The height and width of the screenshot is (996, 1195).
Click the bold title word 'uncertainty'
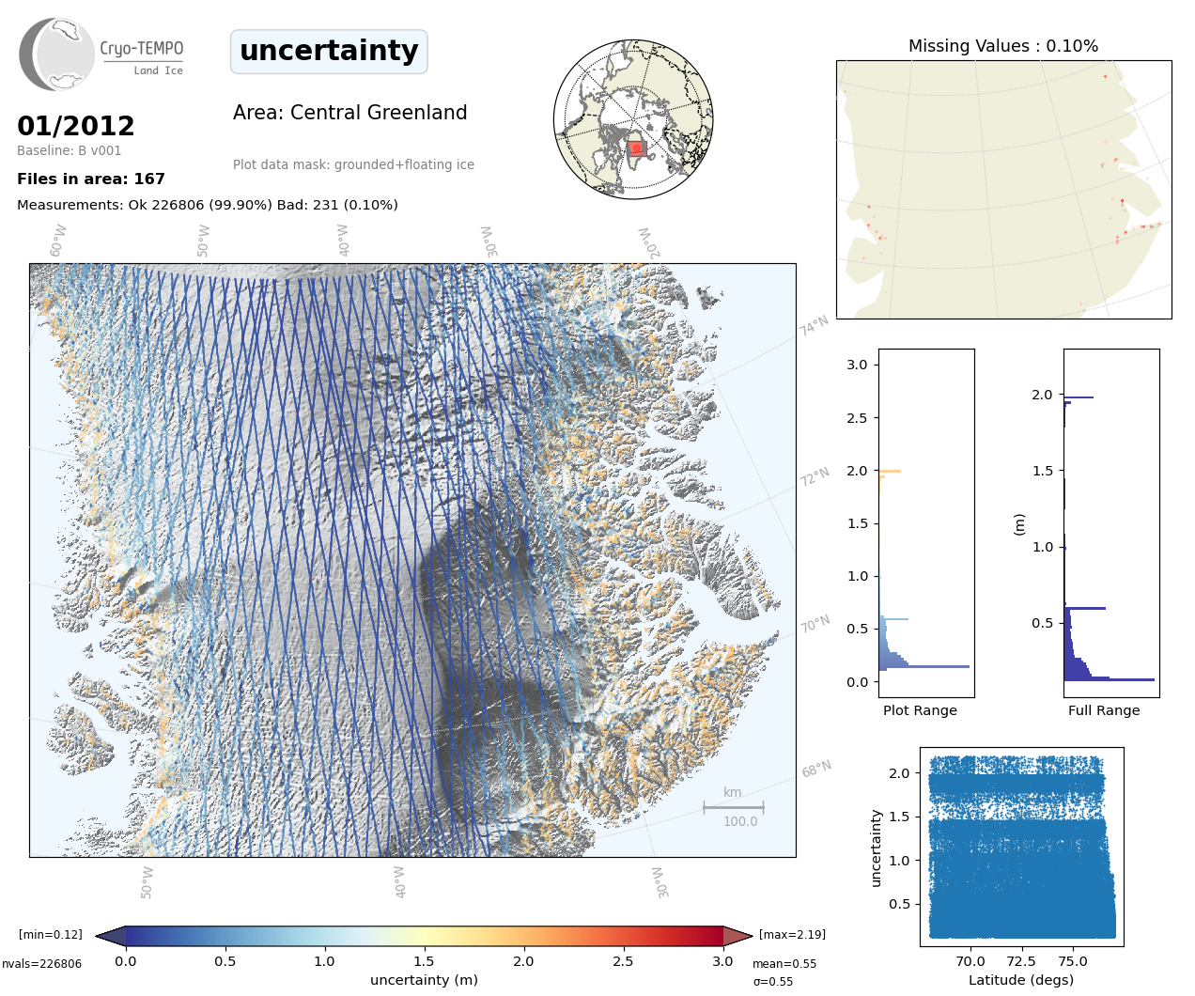click(329, 51)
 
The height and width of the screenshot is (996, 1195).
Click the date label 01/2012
click(76, 126)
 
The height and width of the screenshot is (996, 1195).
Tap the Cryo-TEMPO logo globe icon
click(58, 54)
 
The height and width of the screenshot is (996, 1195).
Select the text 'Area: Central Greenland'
click(349, 113)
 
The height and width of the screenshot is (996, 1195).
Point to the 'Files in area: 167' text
click(91, 179)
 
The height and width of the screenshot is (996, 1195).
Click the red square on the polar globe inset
click(636, 148)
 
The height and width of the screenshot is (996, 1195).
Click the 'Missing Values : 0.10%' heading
click(1002, 46)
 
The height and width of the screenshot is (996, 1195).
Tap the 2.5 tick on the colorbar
click(623, 961)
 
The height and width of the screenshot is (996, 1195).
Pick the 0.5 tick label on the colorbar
click(225, 961)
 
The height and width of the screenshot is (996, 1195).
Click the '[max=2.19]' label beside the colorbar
click(792, 935)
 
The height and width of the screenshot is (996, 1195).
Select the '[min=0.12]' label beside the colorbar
click(51, 935)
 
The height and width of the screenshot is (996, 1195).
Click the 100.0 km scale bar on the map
click(734, 807)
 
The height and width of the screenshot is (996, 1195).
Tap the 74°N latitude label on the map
click(815, 326)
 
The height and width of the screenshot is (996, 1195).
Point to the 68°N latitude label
click(816, 770)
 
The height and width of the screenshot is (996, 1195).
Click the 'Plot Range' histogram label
click(920, 710)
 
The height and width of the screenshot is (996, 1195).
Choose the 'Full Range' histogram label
click(1104, 710)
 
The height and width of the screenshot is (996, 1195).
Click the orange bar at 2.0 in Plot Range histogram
click(890, 471)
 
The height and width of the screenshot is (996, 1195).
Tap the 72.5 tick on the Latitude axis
click(1021, 961)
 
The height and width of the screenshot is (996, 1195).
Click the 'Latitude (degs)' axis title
click(1021, 980)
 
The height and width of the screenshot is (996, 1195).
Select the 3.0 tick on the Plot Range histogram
click(857, 365)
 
